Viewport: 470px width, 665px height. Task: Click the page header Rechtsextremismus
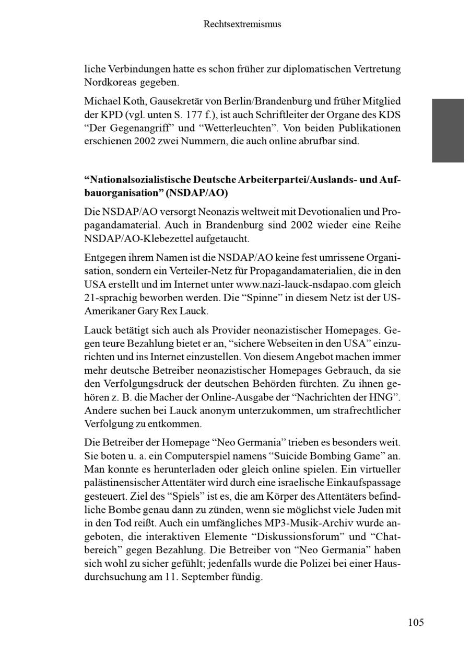pos(242,24)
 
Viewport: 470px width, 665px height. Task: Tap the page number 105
pos(416,622)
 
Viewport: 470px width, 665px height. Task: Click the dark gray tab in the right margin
pos(448,130)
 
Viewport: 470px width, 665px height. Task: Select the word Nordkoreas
pos(107,82)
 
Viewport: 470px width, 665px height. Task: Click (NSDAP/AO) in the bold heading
pos(197,192)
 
